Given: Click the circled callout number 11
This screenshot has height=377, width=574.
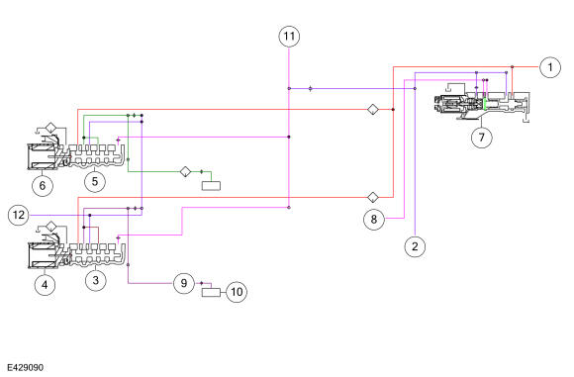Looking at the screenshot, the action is (x=289, y=37).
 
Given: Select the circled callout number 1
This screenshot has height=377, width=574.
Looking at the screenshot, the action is (x=550, y=67).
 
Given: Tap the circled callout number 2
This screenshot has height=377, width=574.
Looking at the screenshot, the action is (x=415, y=246).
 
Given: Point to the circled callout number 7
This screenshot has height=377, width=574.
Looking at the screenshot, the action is (x=481, y=138).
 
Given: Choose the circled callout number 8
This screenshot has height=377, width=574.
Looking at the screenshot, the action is (x=374, y=220).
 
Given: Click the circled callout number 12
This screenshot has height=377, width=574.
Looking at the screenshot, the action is (x=19, y=215).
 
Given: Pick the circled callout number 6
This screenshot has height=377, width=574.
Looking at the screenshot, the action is (x=43, y=186).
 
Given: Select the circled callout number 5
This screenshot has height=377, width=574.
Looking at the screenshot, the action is (x=95, y=181).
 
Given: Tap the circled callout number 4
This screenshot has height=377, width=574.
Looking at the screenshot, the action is (x=45, y=285).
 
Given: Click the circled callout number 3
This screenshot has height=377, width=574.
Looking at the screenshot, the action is (x=96, y=280).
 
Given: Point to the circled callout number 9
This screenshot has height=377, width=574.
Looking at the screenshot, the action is (x=184, y=283).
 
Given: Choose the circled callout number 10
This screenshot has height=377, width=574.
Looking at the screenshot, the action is (x=237, y=292).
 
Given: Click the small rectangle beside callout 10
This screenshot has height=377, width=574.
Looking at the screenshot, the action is (x=211, y=293).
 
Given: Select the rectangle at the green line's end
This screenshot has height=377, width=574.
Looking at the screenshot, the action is (x=211, y=186).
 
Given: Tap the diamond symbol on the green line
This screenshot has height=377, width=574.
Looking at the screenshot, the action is (x=186, y=171).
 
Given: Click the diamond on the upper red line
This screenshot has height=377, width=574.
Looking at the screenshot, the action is (x=373, y=110).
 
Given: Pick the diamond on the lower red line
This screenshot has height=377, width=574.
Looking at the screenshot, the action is (x=373, y=197).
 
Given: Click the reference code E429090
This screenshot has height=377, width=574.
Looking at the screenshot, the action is (x=26, y=367).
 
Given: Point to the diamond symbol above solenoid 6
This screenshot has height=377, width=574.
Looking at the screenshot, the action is (x=50, y=128).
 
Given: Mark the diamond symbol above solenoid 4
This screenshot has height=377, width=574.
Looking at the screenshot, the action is (x=50, y=227).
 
